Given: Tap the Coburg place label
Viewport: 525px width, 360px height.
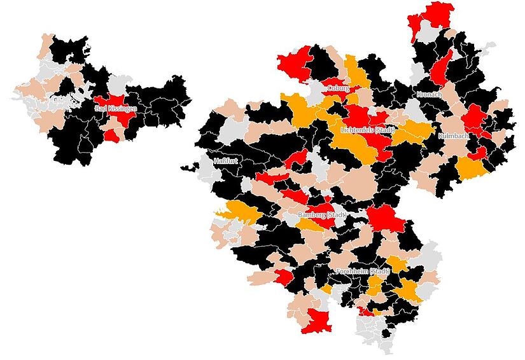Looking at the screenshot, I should click(338, 88).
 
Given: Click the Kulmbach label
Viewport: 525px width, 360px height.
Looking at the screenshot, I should click(453, 136).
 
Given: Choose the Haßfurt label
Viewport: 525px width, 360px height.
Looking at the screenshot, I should click(227, 160).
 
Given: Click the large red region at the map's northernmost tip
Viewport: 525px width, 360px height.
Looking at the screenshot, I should click(433, 16).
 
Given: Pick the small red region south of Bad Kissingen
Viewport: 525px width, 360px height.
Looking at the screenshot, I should click(111, 135).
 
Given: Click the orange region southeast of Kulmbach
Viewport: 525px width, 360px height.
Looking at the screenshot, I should click(471, 169).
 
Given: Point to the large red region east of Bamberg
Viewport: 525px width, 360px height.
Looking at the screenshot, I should click(386, 219).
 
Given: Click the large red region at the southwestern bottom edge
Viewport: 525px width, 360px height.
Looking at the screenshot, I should click(317, 322).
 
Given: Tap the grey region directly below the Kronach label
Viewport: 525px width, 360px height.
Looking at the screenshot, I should click(414, 112).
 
